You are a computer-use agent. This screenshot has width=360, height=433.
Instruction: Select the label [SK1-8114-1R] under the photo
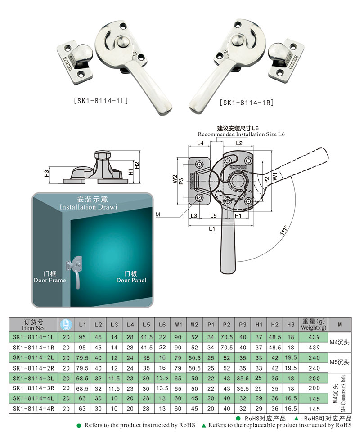[x=247, y=103]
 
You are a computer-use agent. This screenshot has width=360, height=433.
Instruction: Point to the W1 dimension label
[x=275, y=171]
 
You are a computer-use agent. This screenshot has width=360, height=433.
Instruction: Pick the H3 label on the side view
[x=46, y=174]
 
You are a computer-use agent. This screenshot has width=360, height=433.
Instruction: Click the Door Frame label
[x=49, y=277]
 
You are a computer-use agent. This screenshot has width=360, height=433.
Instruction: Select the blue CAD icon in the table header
[x=66, y=324]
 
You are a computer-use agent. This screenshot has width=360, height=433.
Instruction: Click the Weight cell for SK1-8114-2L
[x=315, y=357]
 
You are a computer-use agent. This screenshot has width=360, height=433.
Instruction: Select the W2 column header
[x=194, y=324]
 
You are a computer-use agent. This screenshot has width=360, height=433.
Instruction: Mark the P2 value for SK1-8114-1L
[x=227, y=337]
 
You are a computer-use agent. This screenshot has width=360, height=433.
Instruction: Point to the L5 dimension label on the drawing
[x=213, y=216]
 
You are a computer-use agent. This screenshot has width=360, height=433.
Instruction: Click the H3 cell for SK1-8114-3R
[x=291, y=388]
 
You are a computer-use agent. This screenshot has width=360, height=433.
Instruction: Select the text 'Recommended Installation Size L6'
[x=241, y=134]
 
